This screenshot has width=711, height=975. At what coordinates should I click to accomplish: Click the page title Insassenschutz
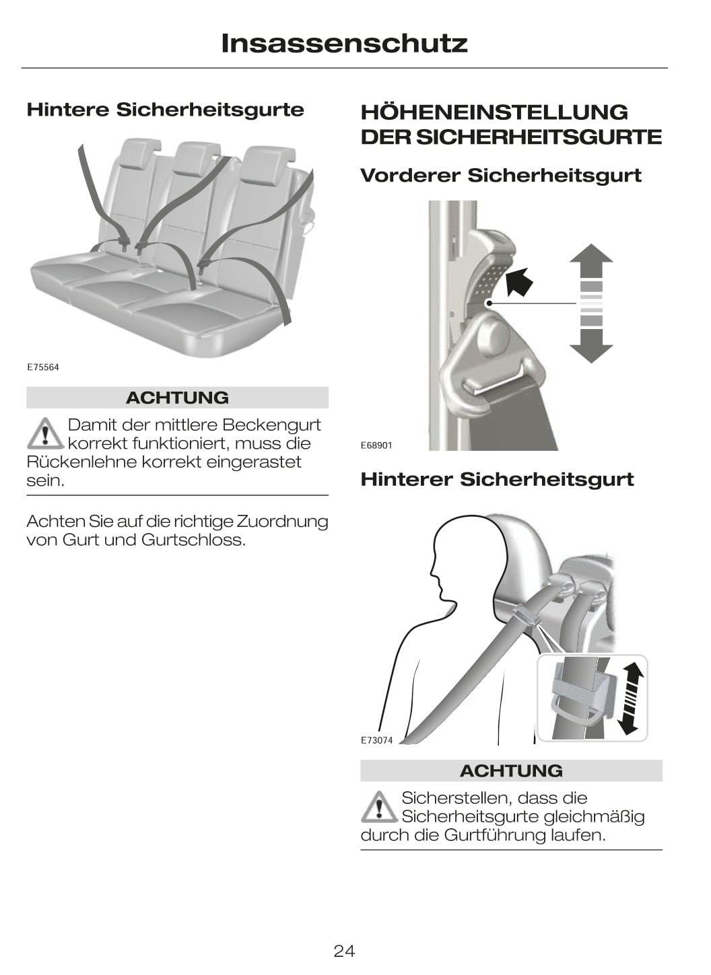(x=344, y=44)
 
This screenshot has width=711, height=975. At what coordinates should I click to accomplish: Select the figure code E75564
(x=42, y=367)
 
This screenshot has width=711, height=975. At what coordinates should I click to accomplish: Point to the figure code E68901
(x=376, y=445)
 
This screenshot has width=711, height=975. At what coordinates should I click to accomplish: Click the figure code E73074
(x=376, y=740)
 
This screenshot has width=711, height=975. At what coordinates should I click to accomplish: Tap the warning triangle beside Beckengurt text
(x=45, y=433)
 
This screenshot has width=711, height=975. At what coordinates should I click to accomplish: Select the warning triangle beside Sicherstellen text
(x=380, y=807)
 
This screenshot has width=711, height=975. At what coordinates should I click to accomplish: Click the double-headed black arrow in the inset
(x=630, y=698)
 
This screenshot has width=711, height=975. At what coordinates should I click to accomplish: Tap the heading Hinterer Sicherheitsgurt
(x=497, y=480)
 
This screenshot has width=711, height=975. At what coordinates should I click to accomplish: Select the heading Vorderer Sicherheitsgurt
(x=501, y=176)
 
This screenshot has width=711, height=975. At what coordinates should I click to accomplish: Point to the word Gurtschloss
(x=193, y=540)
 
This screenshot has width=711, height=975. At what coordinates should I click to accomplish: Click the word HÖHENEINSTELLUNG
(x=494, y=112)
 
